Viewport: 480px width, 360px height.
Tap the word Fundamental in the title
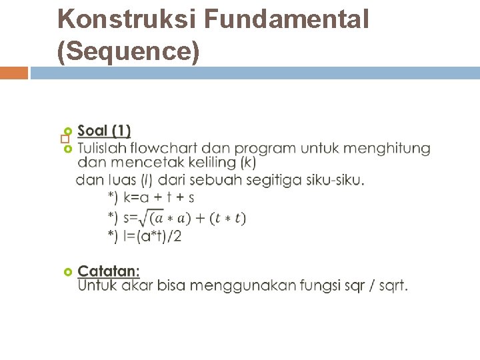click(x=287, y=20)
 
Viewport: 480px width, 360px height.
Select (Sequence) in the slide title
click(x=129, y=52)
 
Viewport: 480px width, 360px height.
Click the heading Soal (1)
click(x=104, y=131)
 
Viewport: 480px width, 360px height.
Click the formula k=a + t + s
click(x=151, y=197)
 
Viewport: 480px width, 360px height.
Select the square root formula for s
click(x=177, y=217)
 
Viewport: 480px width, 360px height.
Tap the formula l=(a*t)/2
click(x=145, y=236)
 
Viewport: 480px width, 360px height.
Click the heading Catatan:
click(x=109, y=271)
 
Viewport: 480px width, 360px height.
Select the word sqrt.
click(x=394, y=285)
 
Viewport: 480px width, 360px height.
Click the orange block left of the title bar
click(x=13, y=73)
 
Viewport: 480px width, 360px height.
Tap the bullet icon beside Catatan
click(x=67, y=272)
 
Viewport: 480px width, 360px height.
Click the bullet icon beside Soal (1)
click(x=67, y=131)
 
